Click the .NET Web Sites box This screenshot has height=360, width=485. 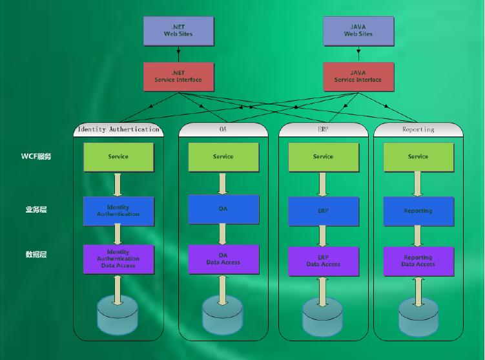tap(178, 30)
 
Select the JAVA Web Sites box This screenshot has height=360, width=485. tap(358, 30)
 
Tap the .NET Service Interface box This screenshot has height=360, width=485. tap(178, 76)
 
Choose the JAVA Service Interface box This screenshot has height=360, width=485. tap(358, 76)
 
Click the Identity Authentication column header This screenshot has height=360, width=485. tap(118, 129)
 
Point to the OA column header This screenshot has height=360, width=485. tap(223, 129)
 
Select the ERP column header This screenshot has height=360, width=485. tap(323, 129)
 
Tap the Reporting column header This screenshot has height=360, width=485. tap(418, 129)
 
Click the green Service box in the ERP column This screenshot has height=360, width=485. tap(323, 156)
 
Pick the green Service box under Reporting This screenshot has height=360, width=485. tap(418, 156)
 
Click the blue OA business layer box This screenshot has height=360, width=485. tap(223, 209)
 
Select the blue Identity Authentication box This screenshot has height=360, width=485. tap(118, 211)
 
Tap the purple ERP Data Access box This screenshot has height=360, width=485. tap(323, 260)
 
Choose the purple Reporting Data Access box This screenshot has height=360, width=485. tap(418, 260)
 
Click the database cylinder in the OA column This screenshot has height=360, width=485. tap(223, 315)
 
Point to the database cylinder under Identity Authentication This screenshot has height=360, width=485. tap(118, 315)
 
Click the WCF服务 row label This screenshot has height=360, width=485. tap(36, 156)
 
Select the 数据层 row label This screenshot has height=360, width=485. tap(36, 255)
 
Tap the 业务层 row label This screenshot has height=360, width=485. tap(36, 210)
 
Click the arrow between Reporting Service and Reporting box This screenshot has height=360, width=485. tap(418, 184)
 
